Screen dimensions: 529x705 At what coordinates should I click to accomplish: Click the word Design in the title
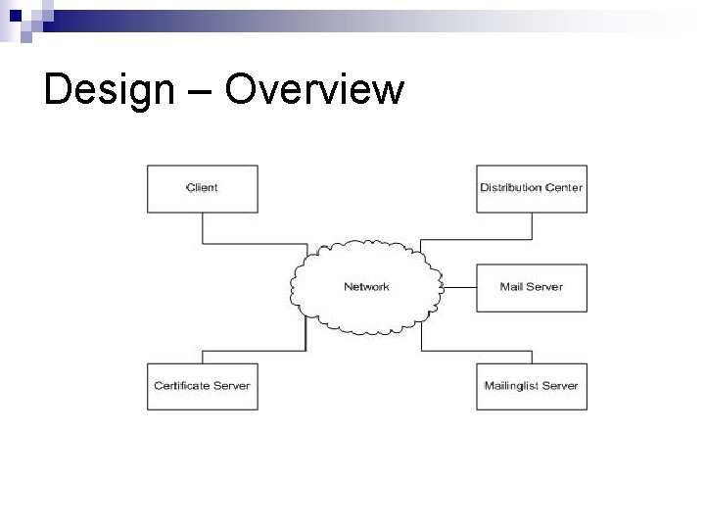coord(93,90)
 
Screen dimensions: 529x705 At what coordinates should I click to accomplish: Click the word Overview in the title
coord(314,90)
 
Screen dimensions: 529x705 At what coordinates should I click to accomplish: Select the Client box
coord(202,188)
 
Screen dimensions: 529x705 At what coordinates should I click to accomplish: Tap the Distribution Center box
coord(532,188)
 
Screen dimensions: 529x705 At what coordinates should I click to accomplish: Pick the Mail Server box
coord(532,287)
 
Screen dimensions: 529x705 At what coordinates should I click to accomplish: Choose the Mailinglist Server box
coord(532,386)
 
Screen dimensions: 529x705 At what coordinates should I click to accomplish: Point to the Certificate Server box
coord(202,386)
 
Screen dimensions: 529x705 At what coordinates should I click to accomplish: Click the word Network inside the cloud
coord(366,287)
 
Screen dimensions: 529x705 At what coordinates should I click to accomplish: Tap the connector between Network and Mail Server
coord(459,287)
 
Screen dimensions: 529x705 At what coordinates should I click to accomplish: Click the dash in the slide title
coord(202,92)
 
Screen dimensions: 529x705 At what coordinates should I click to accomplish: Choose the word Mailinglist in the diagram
coord(510,386)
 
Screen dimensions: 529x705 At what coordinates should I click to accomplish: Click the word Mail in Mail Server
coord(510,287)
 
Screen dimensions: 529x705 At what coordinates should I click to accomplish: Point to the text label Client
coord(202,188)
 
